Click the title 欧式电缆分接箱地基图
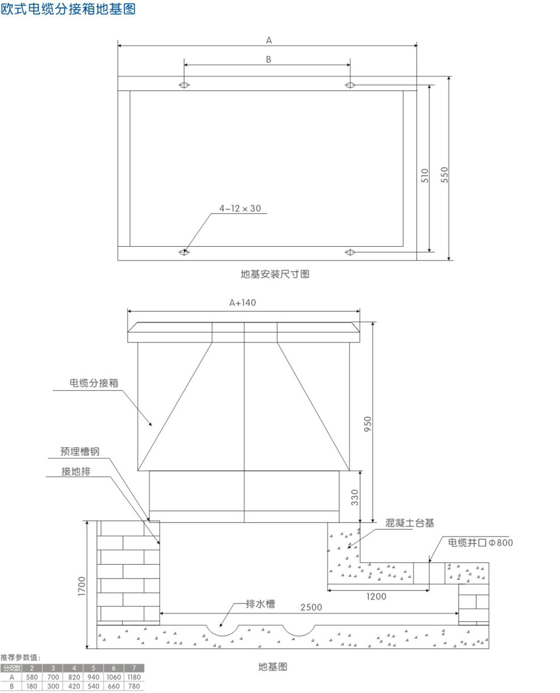click(68, 10)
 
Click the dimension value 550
click(445, 174)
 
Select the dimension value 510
click(425, 174)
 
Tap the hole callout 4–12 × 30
click(240, 209)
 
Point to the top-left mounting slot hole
click(184, 85)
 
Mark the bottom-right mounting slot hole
click(350, 251)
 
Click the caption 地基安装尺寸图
click(275, 274)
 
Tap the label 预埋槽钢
click(80, 452)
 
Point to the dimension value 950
click(368, 425)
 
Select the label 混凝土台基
click(410, 523)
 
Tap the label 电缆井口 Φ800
click(480, 543)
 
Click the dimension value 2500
click(308, 607)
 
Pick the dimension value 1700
click(81, 586)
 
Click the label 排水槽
click(260, 604)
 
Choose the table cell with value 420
click(72, 687)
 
